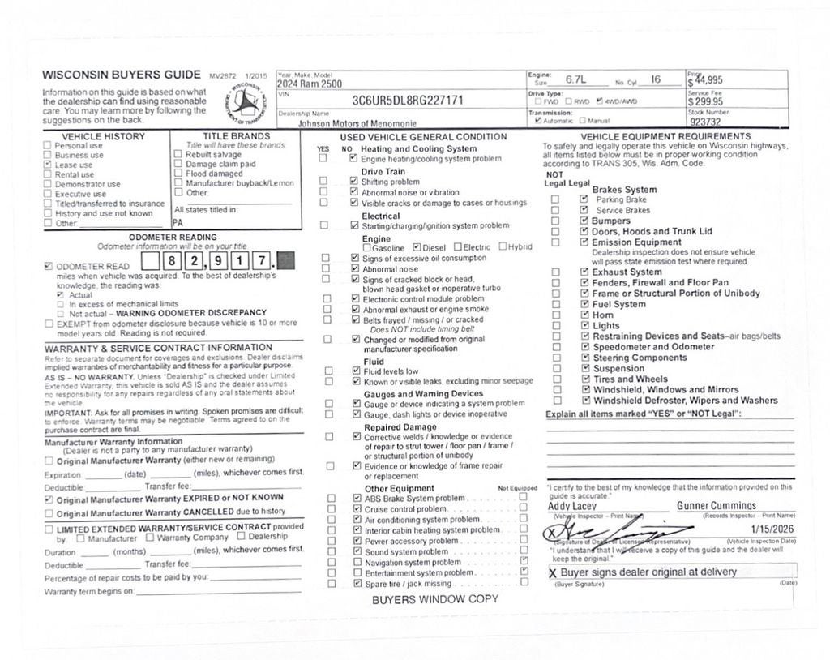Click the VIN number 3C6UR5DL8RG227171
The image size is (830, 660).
coord(408,101)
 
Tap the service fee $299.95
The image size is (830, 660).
coord(705,102)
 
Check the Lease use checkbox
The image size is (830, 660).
coord(48,165)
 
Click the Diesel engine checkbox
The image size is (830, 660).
coord(417,247)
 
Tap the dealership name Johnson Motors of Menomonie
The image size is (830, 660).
coord(357,124)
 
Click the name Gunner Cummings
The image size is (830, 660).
coord(716,506)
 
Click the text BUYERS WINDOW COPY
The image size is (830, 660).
coord(435,600)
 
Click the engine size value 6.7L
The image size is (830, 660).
coord(576,79)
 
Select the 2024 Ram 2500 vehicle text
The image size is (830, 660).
coord(310,84)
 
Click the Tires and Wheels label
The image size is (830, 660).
coord(631,379)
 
